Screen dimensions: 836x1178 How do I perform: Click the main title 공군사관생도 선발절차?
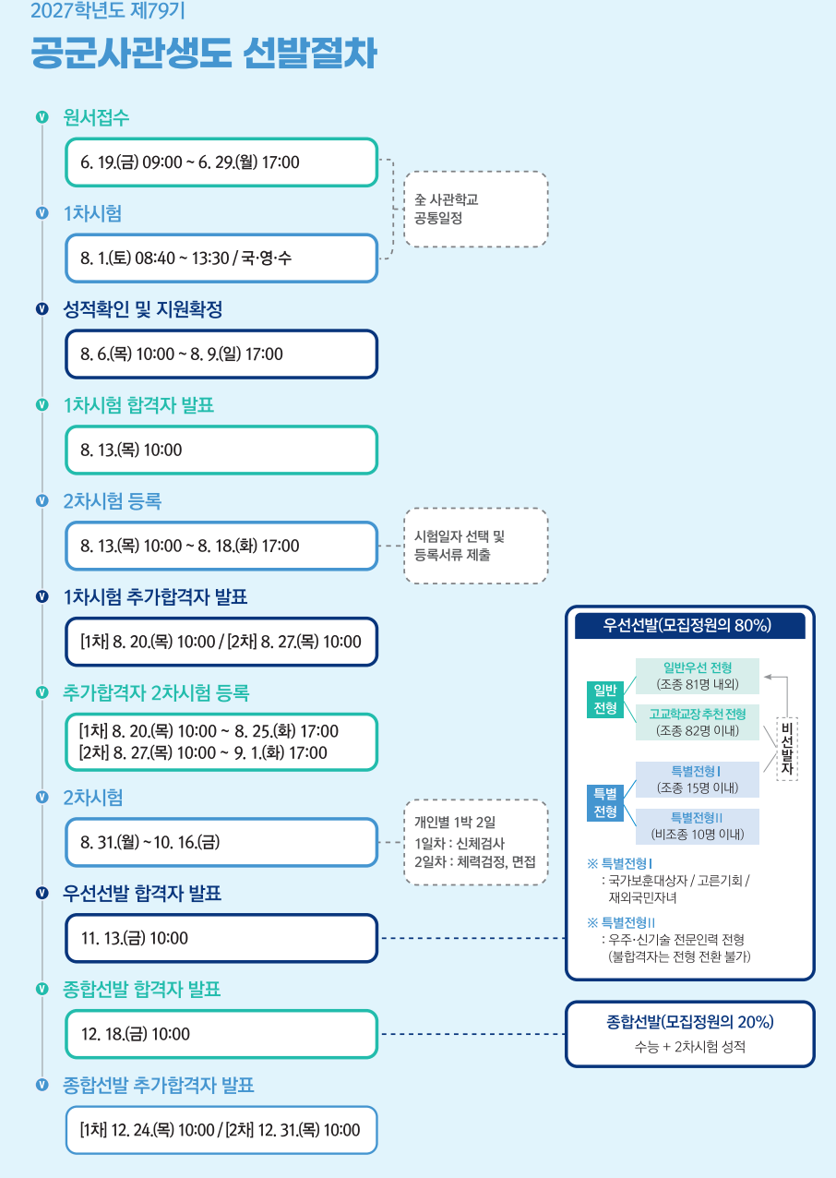pos(203,53)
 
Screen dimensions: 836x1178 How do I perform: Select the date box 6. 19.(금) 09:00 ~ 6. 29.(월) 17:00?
pos(221,162)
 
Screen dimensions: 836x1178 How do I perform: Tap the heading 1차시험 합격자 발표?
pos(138,405)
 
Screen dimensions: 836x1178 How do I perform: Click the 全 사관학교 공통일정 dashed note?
pos(476,210)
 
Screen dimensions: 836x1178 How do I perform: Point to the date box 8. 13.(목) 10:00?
pos(221,451)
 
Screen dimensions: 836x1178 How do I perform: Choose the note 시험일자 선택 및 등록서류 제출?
pos(476,546)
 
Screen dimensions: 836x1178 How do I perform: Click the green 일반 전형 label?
pos(605,700)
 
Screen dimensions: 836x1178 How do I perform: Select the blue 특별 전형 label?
pos(605,803)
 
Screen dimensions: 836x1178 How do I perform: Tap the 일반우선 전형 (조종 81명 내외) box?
pos(698,676)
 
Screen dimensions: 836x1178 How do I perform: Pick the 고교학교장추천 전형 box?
pos(698,722)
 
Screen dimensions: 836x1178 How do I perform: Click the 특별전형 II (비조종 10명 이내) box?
pos(698,826)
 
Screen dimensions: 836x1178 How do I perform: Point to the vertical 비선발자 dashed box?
pos(787,748)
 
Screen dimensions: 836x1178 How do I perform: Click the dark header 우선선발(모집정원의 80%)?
pos(690,626)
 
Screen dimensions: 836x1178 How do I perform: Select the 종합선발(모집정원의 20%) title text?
pos(690,1022)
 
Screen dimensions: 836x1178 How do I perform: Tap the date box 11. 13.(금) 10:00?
pos(221,938)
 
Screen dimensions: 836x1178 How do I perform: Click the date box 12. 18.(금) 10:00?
pos(221,1034)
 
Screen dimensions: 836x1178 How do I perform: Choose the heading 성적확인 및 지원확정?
pos(143,309)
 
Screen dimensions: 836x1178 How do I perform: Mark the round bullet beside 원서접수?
pos(42,117)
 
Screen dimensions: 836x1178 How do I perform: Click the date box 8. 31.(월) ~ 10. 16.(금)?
pos(221,842)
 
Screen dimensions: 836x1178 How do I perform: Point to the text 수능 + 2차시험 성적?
pos(690,1047)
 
